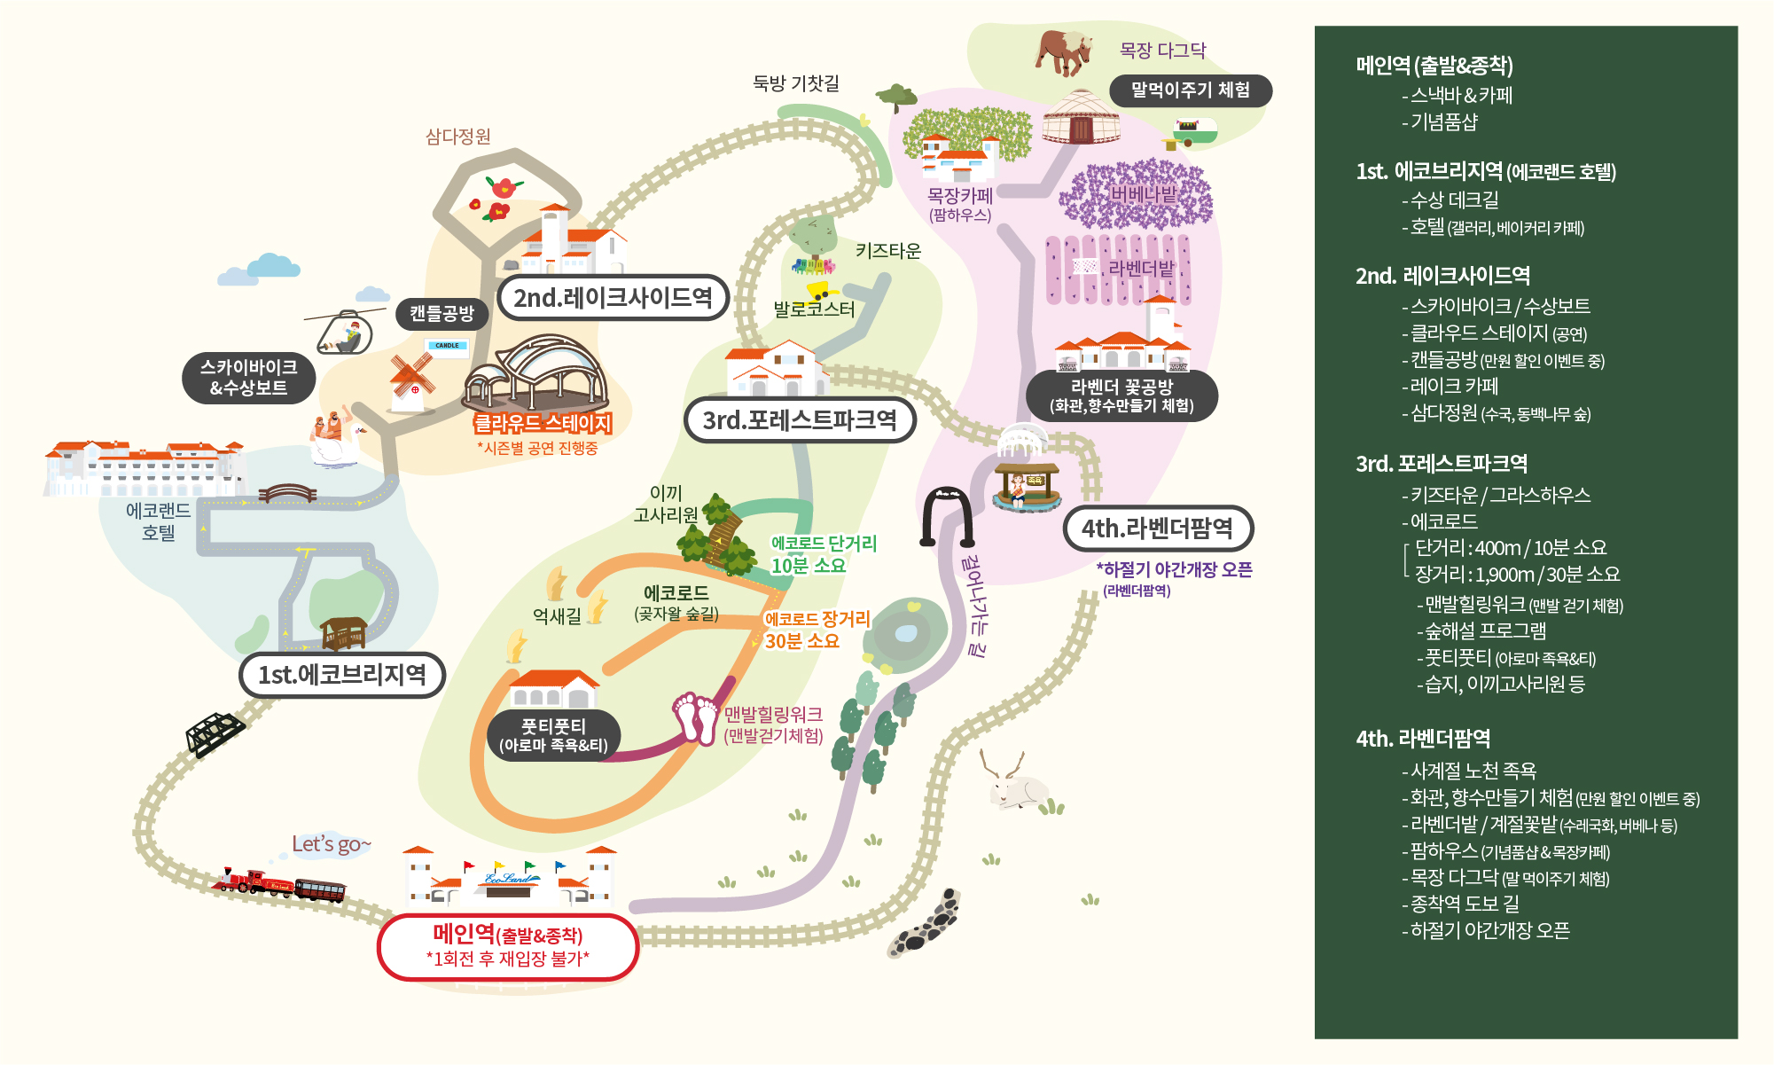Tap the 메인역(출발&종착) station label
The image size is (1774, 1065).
coord(508,946)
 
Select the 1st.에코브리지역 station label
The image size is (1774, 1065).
coord(341,676)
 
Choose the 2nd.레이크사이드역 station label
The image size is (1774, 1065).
coord(613,298)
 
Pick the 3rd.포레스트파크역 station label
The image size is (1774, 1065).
coord(799,420)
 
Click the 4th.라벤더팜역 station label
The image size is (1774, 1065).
coord(1157,529)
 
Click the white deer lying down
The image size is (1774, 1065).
coord(1016,784)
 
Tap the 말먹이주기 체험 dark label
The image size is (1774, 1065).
coord(1190,90)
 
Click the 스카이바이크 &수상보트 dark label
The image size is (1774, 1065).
coord(248,378)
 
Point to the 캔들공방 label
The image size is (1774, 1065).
coord(442,313)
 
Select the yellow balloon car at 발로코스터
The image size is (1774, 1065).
coord(820,289)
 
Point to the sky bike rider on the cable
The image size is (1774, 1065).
coord(346,333)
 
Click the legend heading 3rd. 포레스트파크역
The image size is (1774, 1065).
coord(1441,464)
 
